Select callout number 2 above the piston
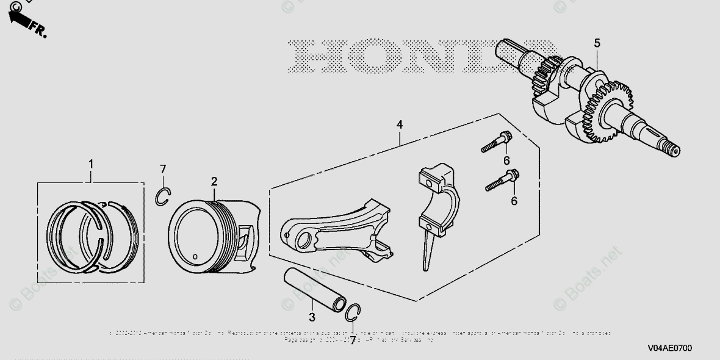pos(214,181)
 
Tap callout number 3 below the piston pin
pos(312,317)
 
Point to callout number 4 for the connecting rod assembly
pos(399,124)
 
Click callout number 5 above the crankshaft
pos(597,43)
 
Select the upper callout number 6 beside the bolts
pos(506,160)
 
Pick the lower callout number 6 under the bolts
pos(514,200)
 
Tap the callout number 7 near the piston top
pos(162,168)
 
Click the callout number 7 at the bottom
pos(352,340)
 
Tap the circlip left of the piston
pos(162,197)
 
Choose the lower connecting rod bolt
pos(502,181)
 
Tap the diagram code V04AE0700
pos(669,348)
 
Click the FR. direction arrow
pos(24,23)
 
